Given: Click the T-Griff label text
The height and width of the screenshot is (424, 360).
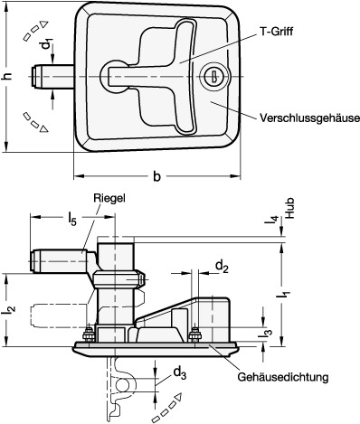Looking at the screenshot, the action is coord(276,32).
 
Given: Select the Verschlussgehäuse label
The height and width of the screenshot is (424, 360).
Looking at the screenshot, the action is coord(309,118).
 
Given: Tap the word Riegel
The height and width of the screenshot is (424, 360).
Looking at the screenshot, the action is coord(109,198).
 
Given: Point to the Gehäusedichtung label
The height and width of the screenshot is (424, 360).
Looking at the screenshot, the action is coord(283,377).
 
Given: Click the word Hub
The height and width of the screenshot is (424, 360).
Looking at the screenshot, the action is coord(289,208).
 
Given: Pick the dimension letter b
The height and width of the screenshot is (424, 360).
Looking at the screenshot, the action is coord(156,176).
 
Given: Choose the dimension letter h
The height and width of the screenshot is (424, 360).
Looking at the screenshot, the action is coord(8,76).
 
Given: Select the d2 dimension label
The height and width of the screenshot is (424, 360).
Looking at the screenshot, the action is coord(222,267).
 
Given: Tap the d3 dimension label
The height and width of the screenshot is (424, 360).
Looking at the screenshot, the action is coord(180,373).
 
